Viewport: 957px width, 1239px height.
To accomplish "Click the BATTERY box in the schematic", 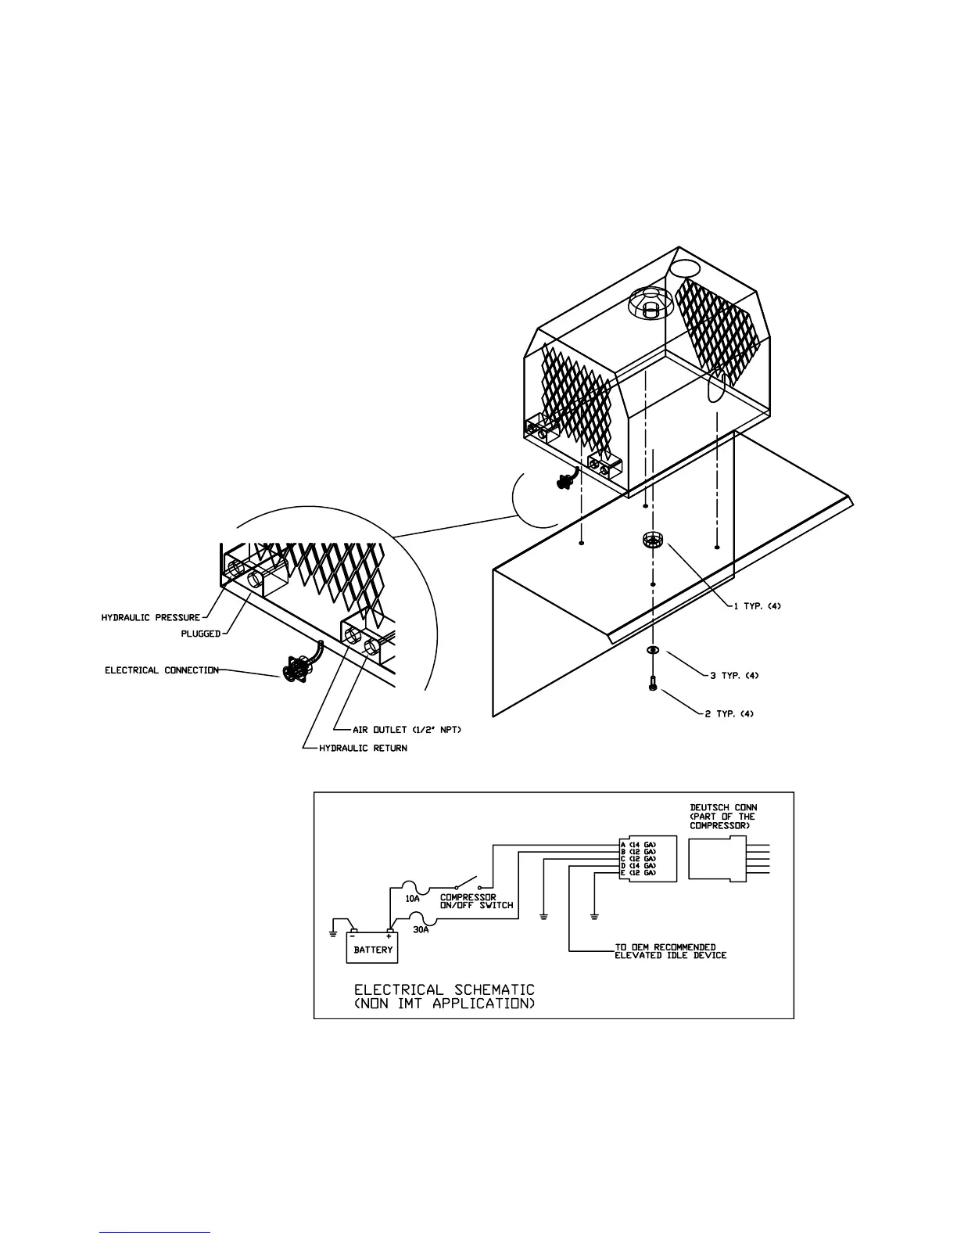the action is tap(372, 949).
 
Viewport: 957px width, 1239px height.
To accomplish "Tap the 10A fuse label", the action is tap(413, 899).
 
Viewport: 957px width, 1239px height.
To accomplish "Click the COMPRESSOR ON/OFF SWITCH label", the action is tap(476, 901).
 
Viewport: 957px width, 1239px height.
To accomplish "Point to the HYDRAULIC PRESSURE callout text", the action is tap(150, 618).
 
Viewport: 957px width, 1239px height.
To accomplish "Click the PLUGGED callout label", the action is tap(200, 634).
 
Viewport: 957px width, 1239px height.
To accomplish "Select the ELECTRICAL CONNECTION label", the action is tap(162, 670).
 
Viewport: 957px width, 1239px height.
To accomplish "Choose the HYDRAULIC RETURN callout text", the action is tap(363, 749).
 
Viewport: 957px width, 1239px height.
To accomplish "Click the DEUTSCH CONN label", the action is tap(723, 808).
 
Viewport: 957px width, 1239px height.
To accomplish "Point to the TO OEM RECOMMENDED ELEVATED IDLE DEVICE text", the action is tap(670, 951).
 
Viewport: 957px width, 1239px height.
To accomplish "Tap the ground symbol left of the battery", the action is tap(333, 932).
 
